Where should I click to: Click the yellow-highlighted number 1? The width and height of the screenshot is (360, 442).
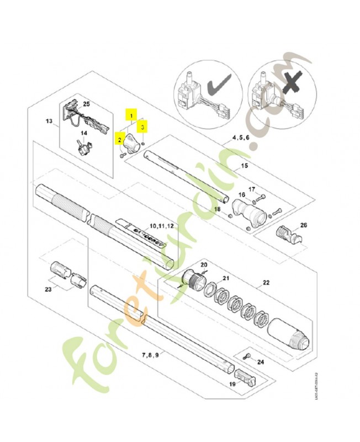point(131,115)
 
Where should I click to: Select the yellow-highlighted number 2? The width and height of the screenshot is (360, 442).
point(119,139)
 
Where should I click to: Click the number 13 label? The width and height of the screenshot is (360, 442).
point(49,121)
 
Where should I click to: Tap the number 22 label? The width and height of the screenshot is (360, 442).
point(266,283)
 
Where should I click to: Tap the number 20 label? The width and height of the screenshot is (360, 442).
point(203,265)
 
